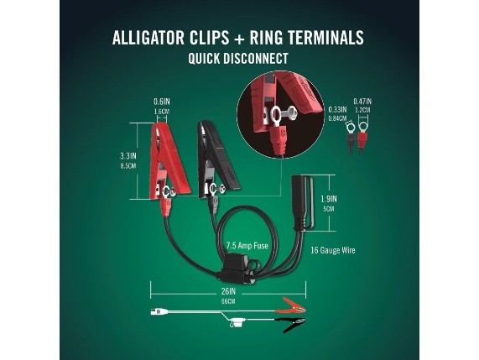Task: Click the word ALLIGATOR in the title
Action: pos(148,38)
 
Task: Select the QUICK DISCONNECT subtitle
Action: pos(238,59)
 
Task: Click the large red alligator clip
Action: pos(169,159)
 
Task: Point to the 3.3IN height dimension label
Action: pos(128,156)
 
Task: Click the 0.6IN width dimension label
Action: pos(161,102)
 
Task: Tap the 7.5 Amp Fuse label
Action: pos(247,245)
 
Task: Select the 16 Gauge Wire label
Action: pos(333,250)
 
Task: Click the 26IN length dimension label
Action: pos(228,291)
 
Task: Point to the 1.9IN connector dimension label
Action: pos(329,199)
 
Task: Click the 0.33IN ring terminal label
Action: pos(337,109)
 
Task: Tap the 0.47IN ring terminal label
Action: pos(362,102)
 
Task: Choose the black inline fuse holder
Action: pos(235,269)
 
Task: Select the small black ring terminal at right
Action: pos(350,137)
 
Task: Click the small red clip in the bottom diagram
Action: pos(291,305)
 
